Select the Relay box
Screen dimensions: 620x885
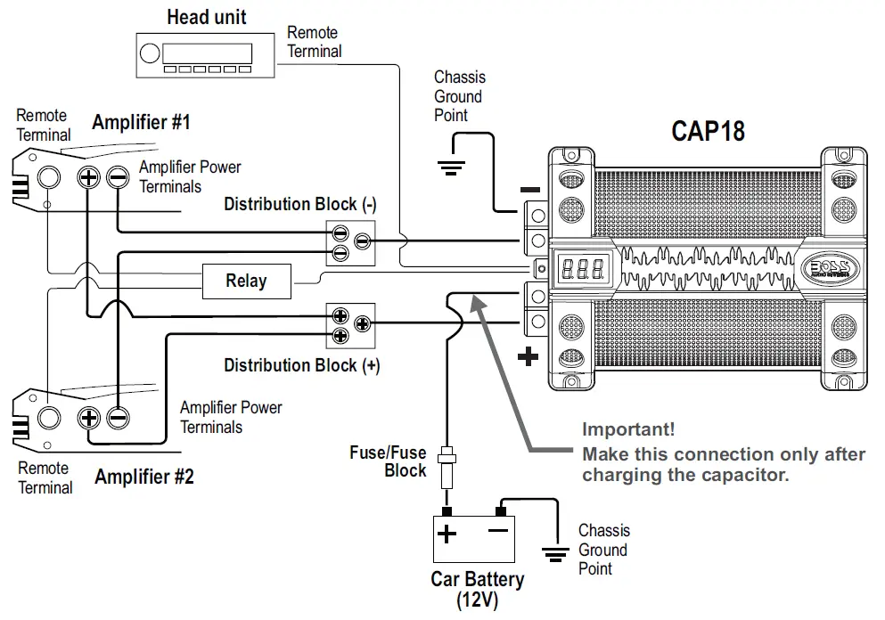(x=246, y=281)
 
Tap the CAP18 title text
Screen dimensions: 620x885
(x=708, y=132)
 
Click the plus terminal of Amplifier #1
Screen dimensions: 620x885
(x=88, y=176)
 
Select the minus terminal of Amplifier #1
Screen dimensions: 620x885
(x=118, y=176)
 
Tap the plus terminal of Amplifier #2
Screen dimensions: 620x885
(x=88, y=417)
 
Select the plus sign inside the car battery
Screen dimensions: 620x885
(x=447, y=534)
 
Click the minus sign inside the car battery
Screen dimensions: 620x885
(x=498, y=532)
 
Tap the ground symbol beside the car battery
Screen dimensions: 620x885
(x=556, y=558)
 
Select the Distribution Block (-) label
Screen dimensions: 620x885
(x=300, y=204)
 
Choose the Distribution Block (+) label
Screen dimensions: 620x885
(x=301, y=365)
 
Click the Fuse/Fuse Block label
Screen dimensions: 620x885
(x=388, y=461)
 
